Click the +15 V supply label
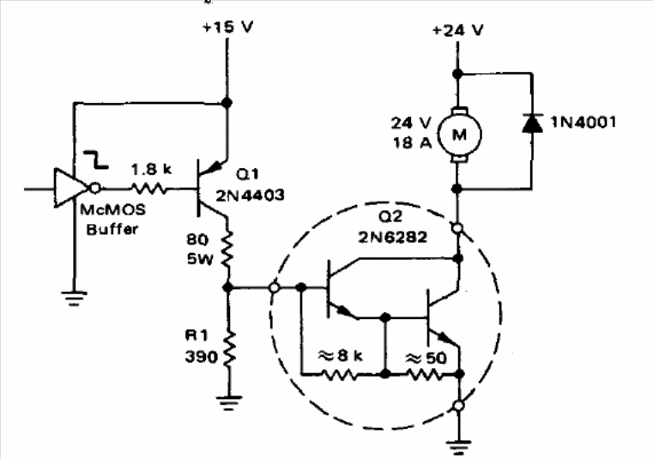pyautogui.click(x=227, y=27)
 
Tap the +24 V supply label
pyautogui.click(x=457, y=30)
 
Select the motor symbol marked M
pyautogui.click(x=459, y=134)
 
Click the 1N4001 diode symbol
pyautogui.click(x=532, y=124)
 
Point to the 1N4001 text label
pyautogui.click(x=583, y=122)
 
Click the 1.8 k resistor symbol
pyautogui.click(x=149, y=189)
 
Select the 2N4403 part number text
pyautogui.click(x=250, y=196)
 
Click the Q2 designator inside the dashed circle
pyautogui.click(x=390, y=216)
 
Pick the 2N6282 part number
pyautogui.click(x=393, y=237)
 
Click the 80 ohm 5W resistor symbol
pyautogui.click(x=227, y=249)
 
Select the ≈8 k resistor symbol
pyautogui.click(x=340, y=375)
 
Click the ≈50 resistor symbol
pyautogui.click(x=424, y=375)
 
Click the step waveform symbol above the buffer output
pyautogui.click(x=96, y=160)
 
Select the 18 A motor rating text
pyautogui.click(x=412, y=143)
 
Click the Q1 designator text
pyautogui.click(x=247, y=174)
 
